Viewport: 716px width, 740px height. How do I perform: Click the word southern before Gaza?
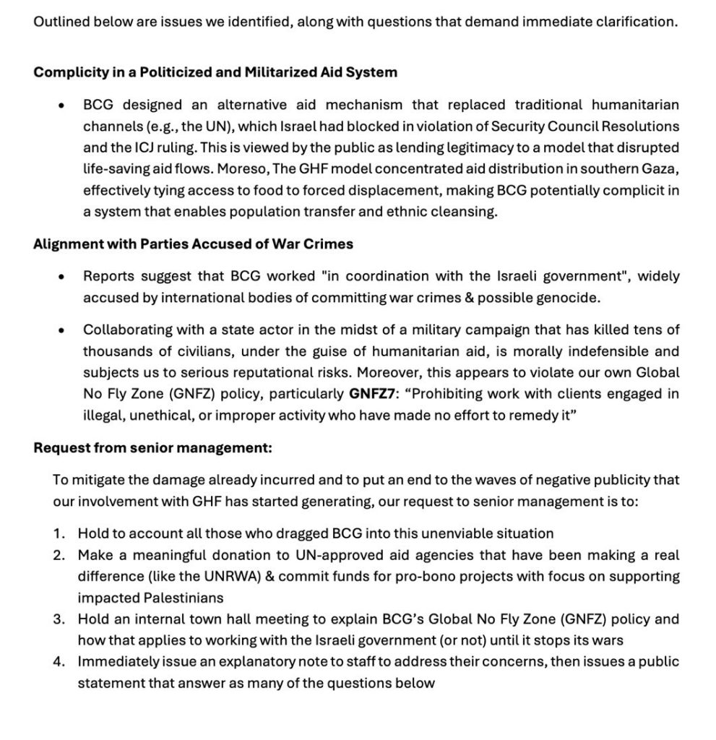[604, 168]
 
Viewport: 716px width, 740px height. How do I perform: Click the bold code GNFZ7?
[374, 394]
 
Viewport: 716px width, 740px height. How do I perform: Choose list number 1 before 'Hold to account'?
[59, 534]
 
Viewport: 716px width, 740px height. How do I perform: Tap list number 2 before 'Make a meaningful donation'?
[59, 556]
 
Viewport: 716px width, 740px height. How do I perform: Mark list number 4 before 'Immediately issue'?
[59, 662]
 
